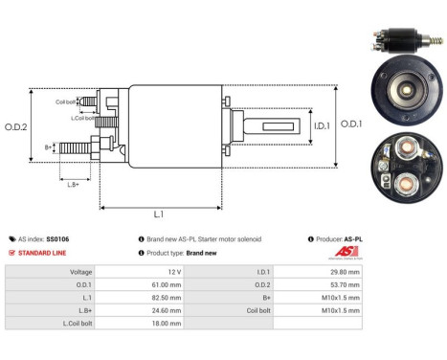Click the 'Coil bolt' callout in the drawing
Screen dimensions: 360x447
click(66, 101)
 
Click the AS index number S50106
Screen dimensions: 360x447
click(59, 238)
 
